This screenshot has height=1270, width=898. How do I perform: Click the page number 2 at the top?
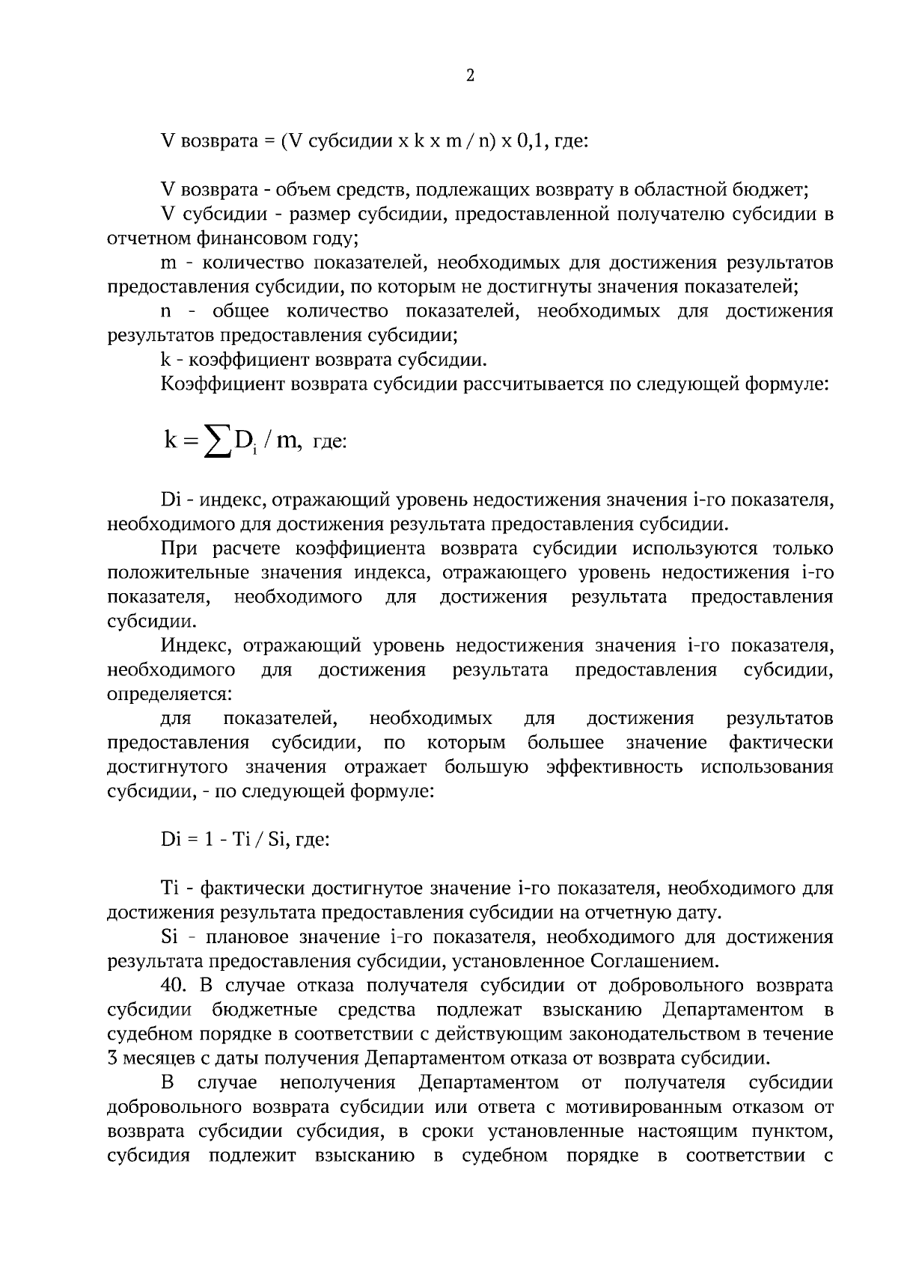click(470, 76)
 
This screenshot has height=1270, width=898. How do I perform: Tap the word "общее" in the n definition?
click(240, 311)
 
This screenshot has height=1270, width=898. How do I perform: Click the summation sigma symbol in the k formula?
click(217, 444)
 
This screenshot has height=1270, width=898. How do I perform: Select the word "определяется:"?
click(169, 693)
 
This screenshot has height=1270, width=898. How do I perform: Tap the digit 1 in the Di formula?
click(210, 839)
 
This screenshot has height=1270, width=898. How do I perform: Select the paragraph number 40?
click(174, 986)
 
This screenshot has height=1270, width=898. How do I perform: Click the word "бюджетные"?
click(264, 1010)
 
